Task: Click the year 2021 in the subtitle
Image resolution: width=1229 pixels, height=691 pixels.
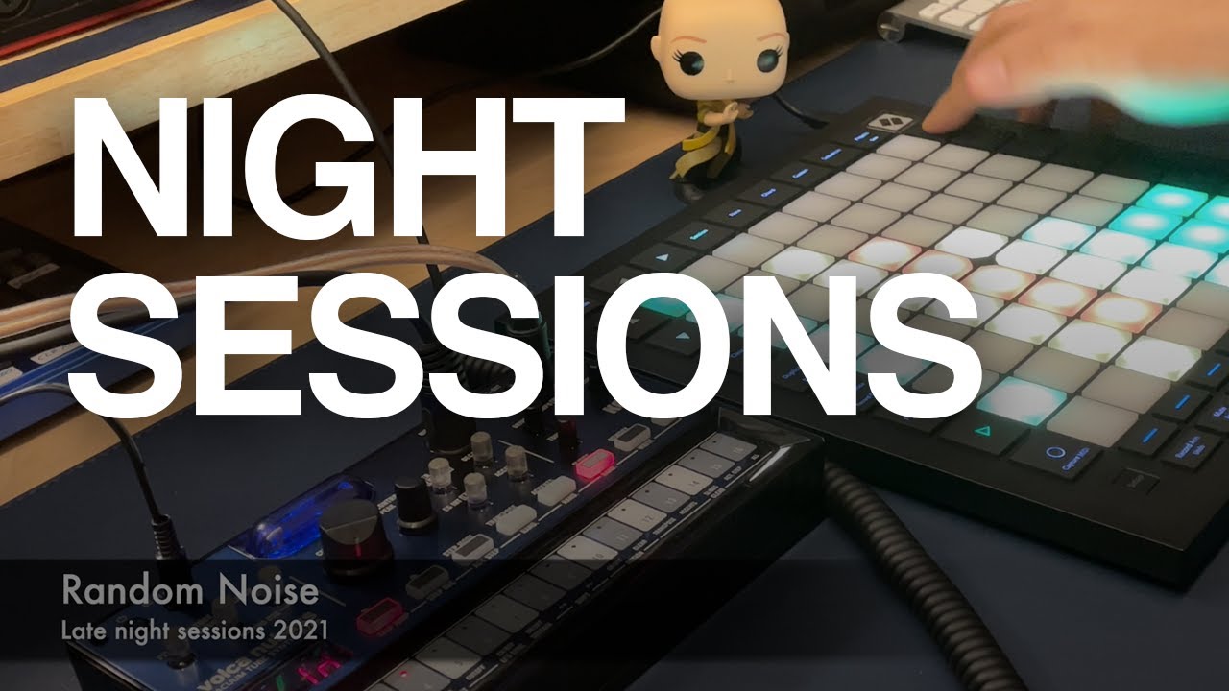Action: (x=299, y=631)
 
